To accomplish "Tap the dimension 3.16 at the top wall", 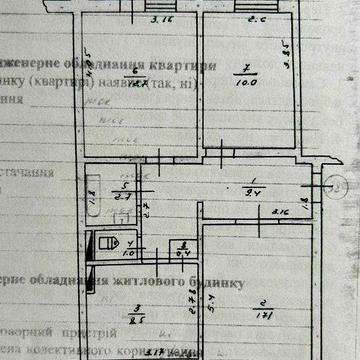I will coord(155,19).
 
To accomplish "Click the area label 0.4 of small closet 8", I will coord(183,255).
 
